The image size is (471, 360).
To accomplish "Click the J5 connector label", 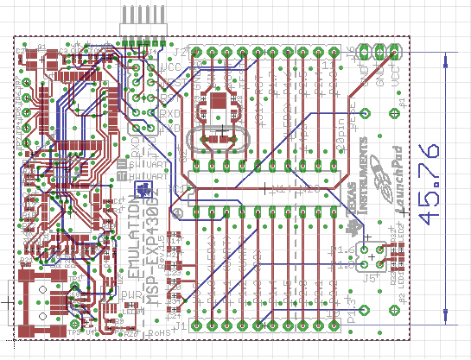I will click(372, 278).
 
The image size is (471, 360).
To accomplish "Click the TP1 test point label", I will click(76, 331).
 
